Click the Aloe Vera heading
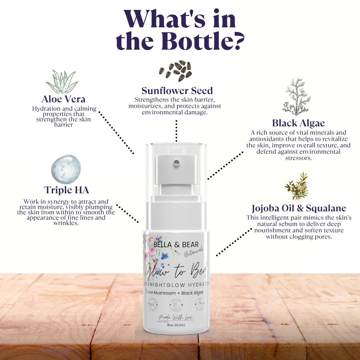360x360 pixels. coord(63,99)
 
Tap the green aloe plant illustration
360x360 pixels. coord(62,82)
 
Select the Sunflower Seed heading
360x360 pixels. coord(177,91)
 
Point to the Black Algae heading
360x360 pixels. coord(298,123)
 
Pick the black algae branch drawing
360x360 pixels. coord(296,97)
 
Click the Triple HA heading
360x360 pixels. coord(67,190)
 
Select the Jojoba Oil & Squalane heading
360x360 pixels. coord(299,209)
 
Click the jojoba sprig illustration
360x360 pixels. coord(296,187)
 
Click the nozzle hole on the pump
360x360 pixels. coord(176,162)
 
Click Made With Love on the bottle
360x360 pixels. coord(176,317)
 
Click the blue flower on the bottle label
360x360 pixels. coord(165,256)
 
